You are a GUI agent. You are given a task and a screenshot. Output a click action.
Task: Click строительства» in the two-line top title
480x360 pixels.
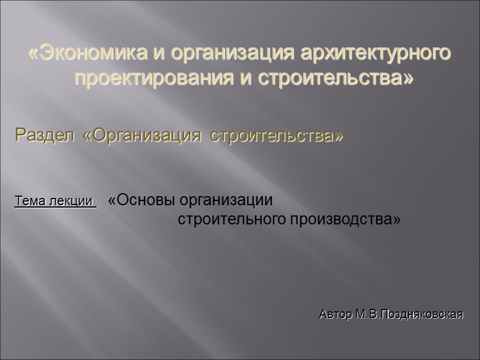pyautogui.click(x=336, y=78)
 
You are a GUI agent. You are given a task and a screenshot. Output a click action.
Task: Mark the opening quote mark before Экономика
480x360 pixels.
pyautogui.click(x=32, y=53)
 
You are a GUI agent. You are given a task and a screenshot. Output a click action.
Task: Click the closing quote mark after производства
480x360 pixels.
pyautogui.click(x=396, y=220)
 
